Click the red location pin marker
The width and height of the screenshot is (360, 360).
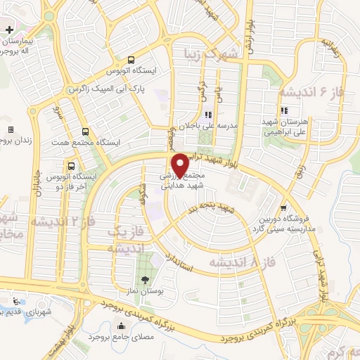(x=181, y=164)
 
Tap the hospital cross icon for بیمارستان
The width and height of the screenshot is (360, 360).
(x=8, y=30)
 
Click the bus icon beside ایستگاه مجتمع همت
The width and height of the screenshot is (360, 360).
(x=86, y=131)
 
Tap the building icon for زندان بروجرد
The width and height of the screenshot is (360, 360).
(x=11, y=130)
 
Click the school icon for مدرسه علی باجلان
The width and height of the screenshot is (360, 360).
(x=208, y=115)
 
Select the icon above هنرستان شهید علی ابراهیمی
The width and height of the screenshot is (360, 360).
(x=284, y=110)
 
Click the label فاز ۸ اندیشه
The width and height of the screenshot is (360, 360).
(x=239, y=262)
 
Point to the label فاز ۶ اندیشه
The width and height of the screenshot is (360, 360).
(x=309, y=91)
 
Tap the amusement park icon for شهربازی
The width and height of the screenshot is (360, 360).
(x=15, y=302)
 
